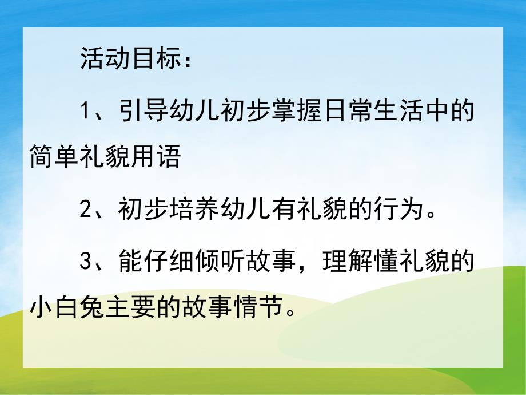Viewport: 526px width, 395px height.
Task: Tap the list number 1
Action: click(86, 110)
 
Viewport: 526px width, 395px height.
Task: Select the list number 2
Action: click(86, 210)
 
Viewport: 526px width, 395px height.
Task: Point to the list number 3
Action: click(86, 260)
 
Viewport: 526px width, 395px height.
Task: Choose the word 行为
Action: click(391, 210)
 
